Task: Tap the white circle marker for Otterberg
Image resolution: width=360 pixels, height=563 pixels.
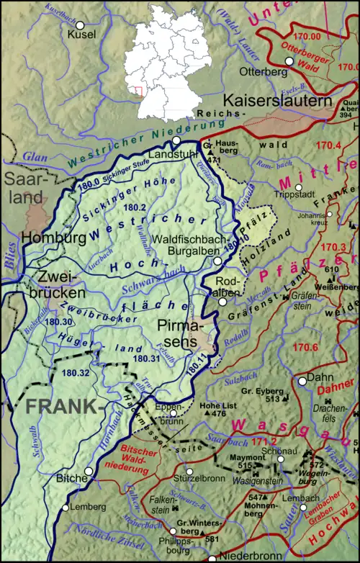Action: pos(289,62)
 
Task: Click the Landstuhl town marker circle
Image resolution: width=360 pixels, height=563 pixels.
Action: pos(175,140)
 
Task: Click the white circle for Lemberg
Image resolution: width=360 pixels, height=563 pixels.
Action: pos(65,508)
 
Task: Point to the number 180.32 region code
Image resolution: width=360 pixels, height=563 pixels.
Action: pos(76,373)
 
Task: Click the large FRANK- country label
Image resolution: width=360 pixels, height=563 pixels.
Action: pos(61,406)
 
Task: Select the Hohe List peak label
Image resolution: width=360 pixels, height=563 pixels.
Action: pos(218,405)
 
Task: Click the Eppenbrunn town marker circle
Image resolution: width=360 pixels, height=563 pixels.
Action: pos(173,413)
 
